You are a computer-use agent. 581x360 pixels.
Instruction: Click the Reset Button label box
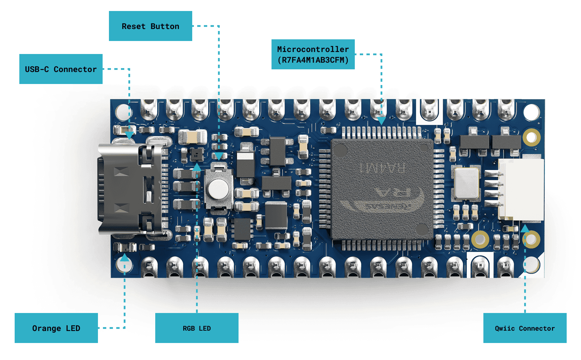pyautogui.click(x=151, y=26)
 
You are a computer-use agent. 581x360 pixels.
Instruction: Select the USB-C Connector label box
pyautogui.click(x=61, y=69)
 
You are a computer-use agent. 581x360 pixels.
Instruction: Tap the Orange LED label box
pyautogui.click(x=56, y=328)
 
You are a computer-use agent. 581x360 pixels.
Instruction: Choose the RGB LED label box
pyautogui.click(x=197, y=328)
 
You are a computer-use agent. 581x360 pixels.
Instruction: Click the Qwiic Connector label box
pyautogui.click(x=525, y=328)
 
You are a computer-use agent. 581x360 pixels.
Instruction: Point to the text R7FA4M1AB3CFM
pyautogui.click(x=313, y=60)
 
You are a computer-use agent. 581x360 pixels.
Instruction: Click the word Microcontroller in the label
pyautogui.click(x=313, y=49)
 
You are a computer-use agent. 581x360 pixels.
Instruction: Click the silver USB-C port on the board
pyautogui.click(x=130, y=188)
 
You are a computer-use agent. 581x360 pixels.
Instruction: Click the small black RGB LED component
pyautogui.click(x=197, y=154)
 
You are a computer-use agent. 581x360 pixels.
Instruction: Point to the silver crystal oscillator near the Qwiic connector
pyautogui.click(x=466, y=183)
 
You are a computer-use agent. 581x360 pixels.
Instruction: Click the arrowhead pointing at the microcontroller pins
pyautogui.click(x=381, y=121)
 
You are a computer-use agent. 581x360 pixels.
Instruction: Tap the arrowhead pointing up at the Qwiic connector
pyautogui.click(x=525, y=229)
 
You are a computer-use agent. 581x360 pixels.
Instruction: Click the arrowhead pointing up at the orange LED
pyautogui.click(x=125, y=257)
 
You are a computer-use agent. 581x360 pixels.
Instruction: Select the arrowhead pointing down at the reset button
pyautogui.click(x=219, y=156)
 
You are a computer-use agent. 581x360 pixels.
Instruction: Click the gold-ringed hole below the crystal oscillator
pyautogui.click(x=480, y=239)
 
